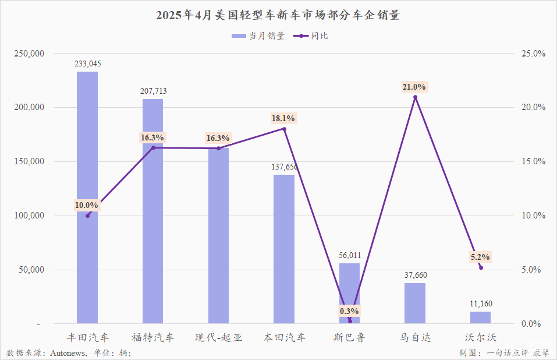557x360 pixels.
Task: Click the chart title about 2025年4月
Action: click(278, 16)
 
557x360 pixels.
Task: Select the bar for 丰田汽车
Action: click(87, 198)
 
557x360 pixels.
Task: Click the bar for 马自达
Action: click(415, 303)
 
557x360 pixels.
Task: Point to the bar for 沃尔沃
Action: click(481, 317)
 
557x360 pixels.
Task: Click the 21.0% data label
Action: click(414, 87)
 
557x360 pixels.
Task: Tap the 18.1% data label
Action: click(283, 118)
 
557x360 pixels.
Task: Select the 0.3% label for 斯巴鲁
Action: click(349, 310)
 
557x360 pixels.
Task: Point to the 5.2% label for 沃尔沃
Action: click(480, 257)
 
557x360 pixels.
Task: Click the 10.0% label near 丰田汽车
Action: click(87, 205)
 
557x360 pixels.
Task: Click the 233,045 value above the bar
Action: click(88, 64)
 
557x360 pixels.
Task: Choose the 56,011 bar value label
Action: click(350, 255)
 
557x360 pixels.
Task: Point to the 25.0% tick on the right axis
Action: click(532, 54)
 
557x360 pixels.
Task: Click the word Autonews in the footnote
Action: click(69, 353)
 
